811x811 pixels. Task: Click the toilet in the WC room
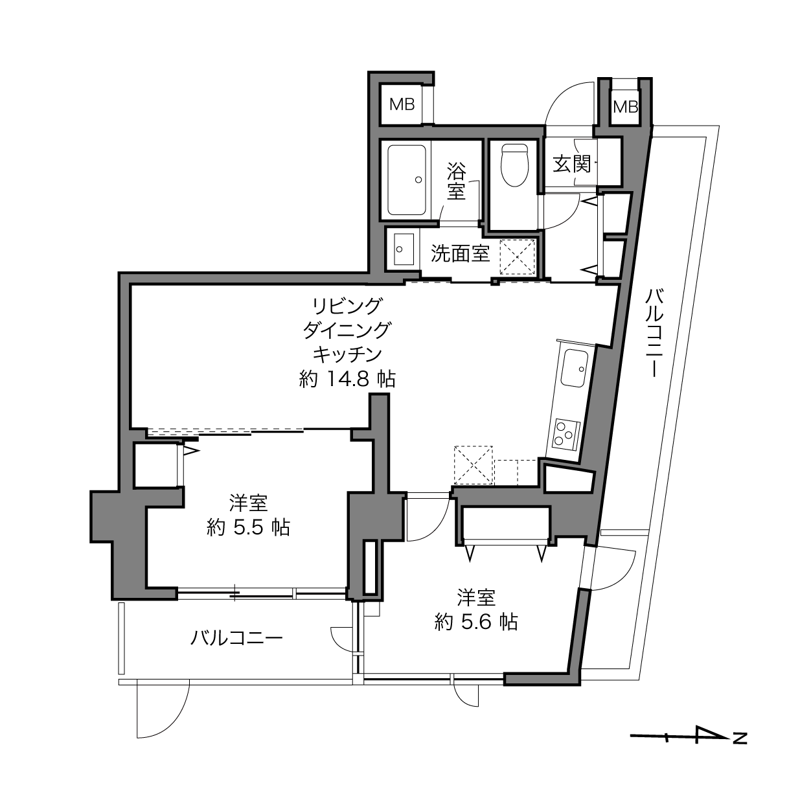pos(516,165)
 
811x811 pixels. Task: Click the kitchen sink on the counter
pos(575,368)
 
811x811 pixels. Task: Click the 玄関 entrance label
pos(572,164)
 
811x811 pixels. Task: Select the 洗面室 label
pos(461,253)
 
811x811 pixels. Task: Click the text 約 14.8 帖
pos(347,379)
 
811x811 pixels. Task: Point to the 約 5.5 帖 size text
pos(248,528)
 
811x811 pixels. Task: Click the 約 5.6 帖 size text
pos(476,622)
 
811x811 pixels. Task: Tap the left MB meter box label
pos(402,104)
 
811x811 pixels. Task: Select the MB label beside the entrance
pos(625,106)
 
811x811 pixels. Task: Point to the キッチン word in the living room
pos(347,354)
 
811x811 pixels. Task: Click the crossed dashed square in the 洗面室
pos(518,258)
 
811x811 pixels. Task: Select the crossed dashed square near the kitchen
pos(473,465)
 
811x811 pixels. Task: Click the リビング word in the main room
pos(347,304)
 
